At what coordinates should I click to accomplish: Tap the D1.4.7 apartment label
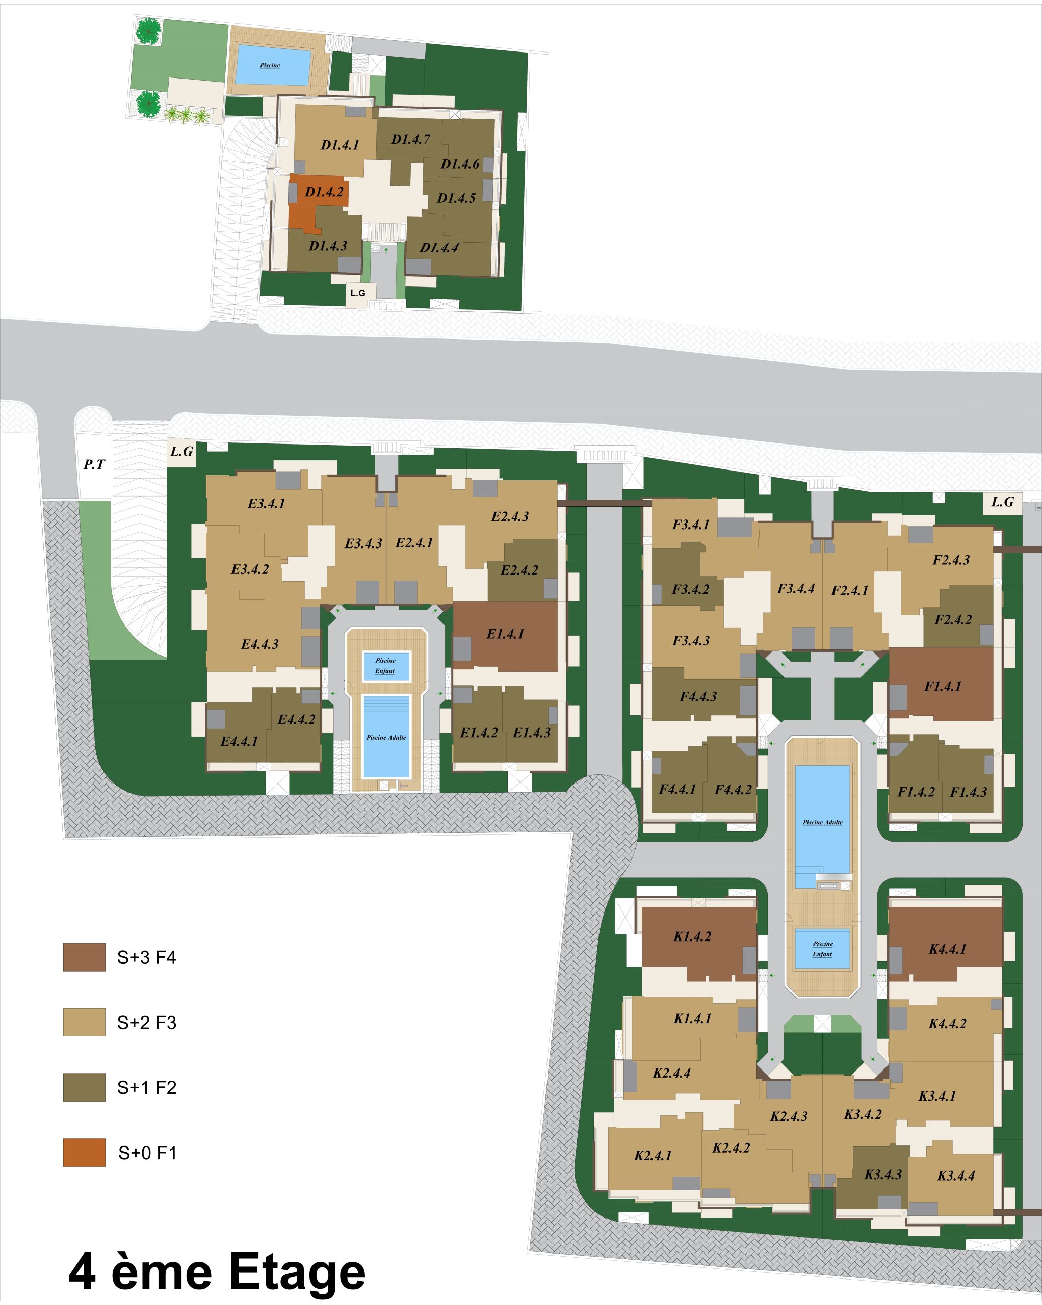(x=410, y=139)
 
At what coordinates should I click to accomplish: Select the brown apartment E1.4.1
(x=505, y=636)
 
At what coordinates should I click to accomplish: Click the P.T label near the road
(x=94, y=464)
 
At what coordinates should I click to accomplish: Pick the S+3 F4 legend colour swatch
(x=84, y=957)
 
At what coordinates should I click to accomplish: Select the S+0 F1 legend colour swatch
(x=84, y=1152)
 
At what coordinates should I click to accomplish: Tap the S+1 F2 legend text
(x=146, y=1088)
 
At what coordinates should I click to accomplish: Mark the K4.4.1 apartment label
(x=948, y=949)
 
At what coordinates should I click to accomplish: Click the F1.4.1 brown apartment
(x=941, y=685)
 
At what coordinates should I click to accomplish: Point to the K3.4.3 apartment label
(x=883, y=1174)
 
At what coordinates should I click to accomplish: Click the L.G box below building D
(x=358, y=293)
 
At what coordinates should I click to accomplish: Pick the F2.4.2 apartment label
(x=953, y=619)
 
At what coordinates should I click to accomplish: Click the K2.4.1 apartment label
(x=653, y=1155)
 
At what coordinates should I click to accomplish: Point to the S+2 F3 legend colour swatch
(x=84, y=1022)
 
